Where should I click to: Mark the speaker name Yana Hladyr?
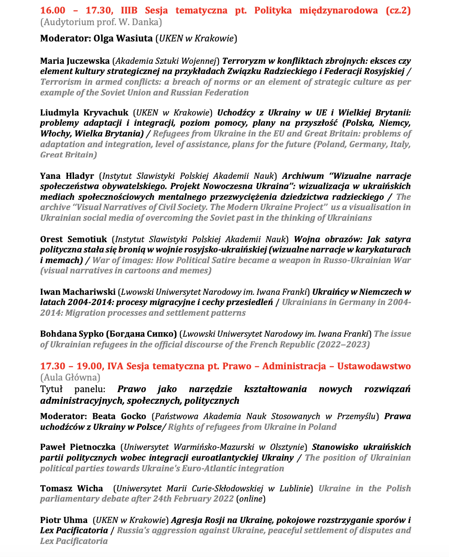click(x=67, y=176)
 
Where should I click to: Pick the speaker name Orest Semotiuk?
click(x=73, y=239)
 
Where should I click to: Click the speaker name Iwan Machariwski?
click(x=77, y=292)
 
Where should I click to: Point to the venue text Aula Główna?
click(x=70, y=377)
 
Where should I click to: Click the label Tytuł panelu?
click(x=72, y=389)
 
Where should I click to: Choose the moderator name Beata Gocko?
click(x=119, y=416)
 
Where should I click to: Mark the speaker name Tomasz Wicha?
click(x=71, y=489)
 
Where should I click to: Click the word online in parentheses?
click(x=251, y=499)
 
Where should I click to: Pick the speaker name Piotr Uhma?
click(x=64, y=520)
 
